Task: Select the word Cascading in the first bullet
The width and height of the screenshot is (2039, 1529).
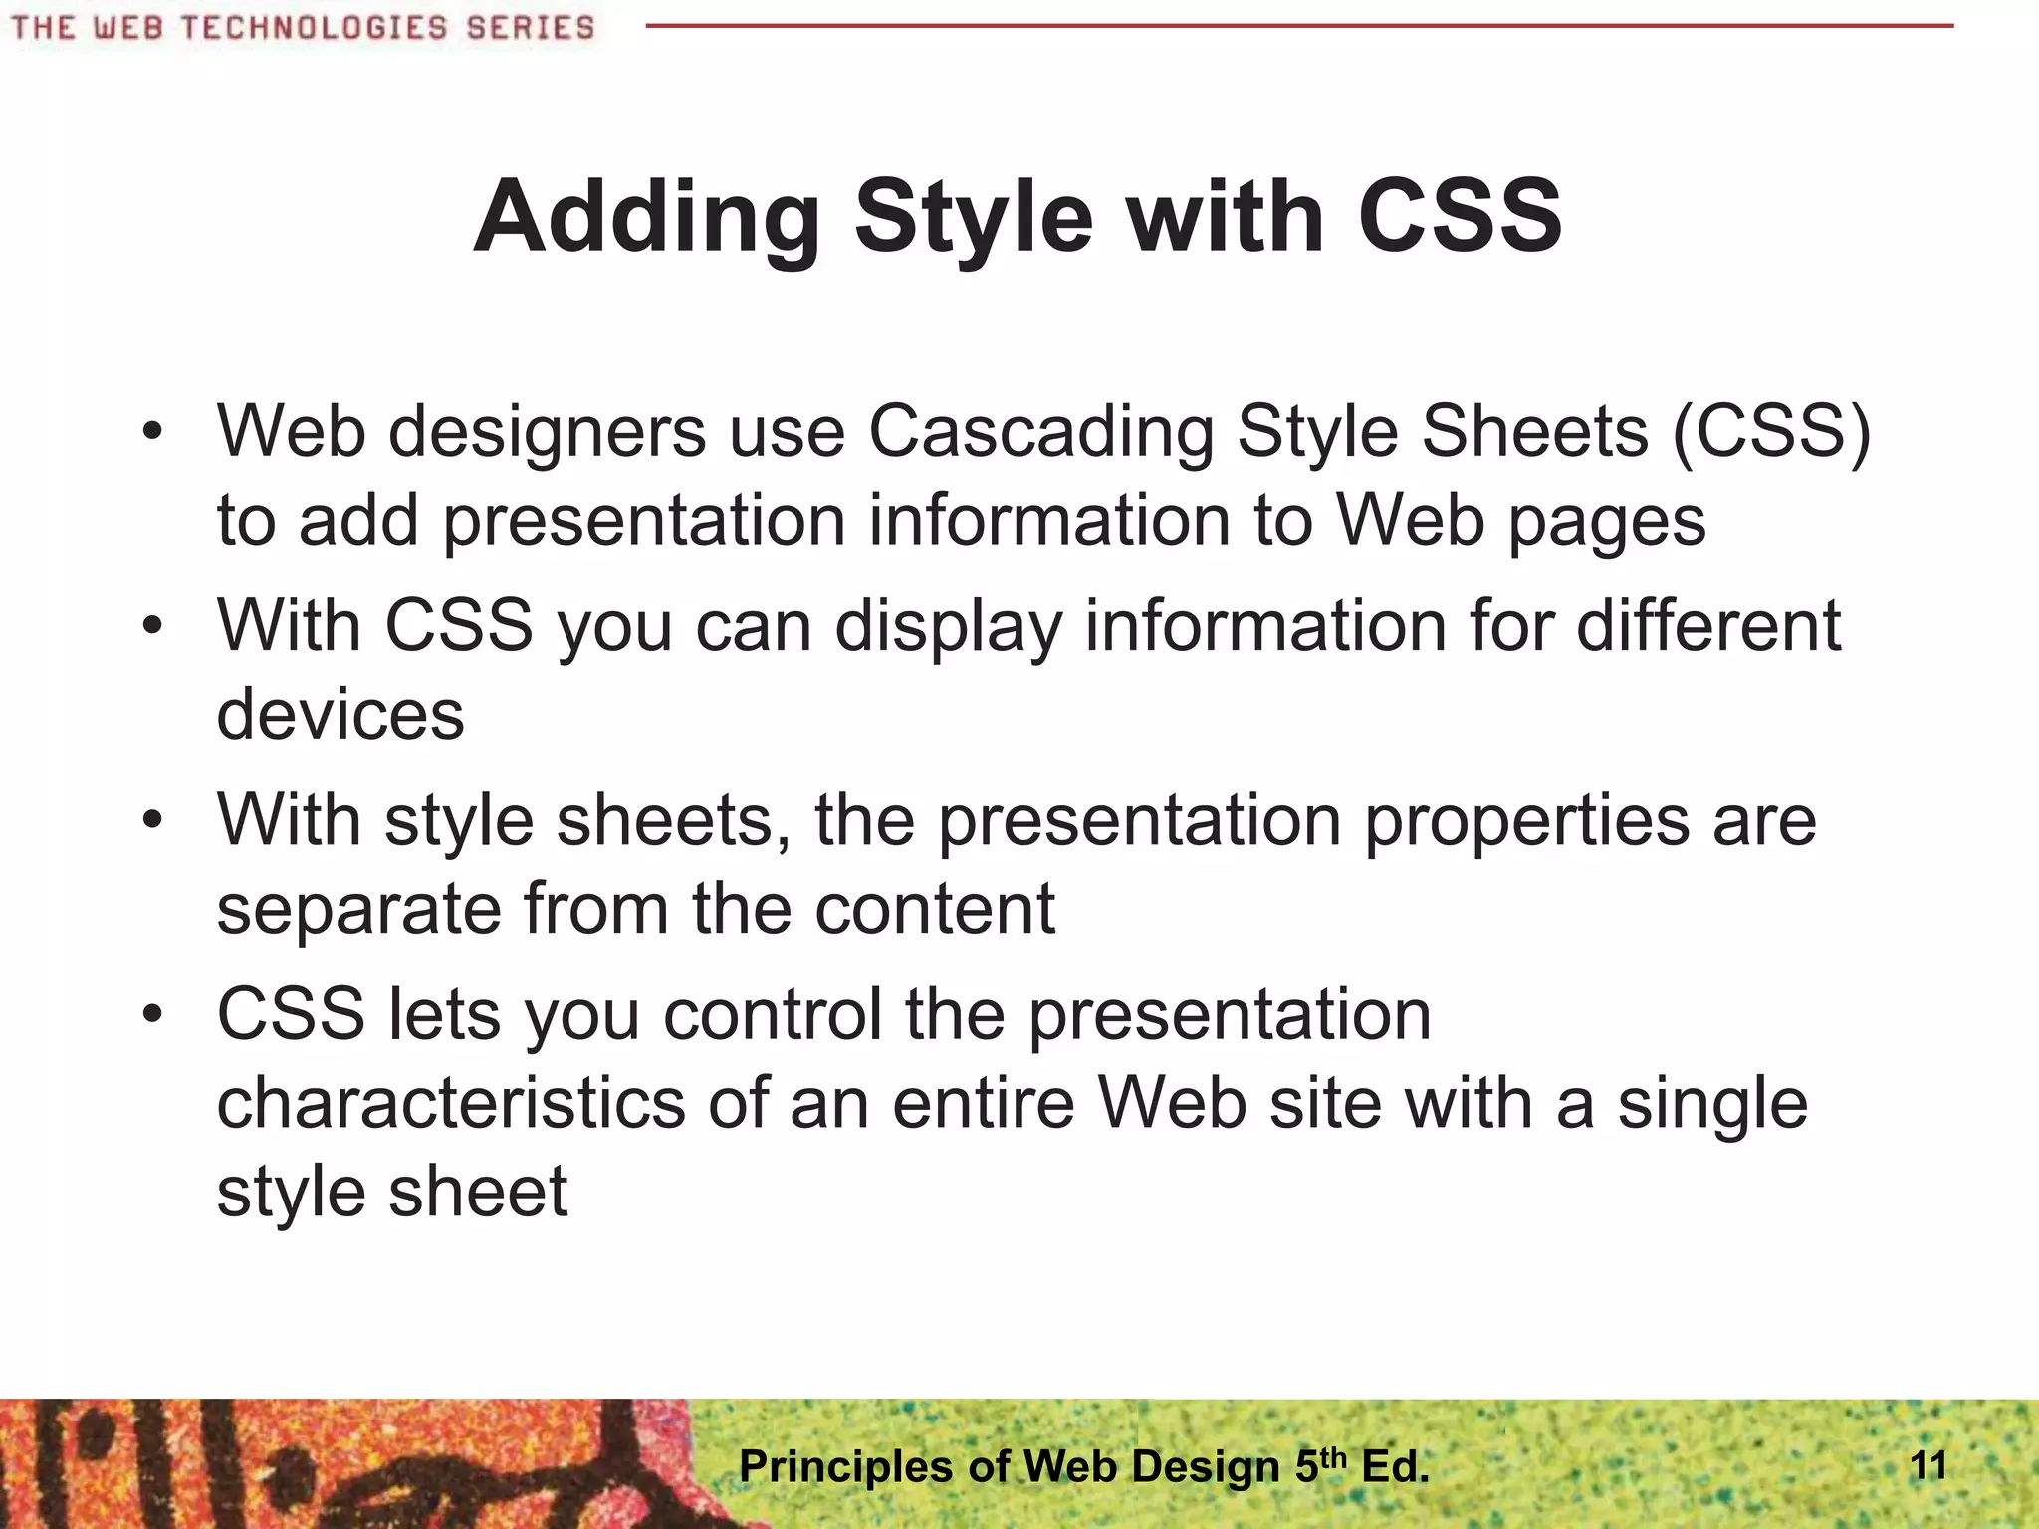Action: point(1040,433)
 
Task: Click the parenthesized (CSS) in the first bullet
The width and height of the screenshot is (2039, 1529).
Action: point(1771,433)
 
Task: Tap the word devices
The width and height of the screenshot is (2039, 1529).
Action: point(340,715)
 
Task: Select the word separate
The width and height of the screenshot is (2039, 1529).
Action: point(358,909)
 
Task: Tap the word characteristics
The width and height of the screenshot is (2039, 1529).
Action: point(451,1104)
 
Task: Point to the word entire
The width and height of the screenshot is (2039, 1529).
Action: point(983,1104)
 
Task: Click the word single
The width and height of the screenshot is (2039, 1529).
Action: point(1712,1104)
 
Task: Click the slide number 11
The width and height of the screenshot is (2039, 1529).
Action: point(1928,1465)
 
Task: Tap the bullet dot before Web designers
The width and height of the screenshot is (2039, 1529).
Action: point(151,433)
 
